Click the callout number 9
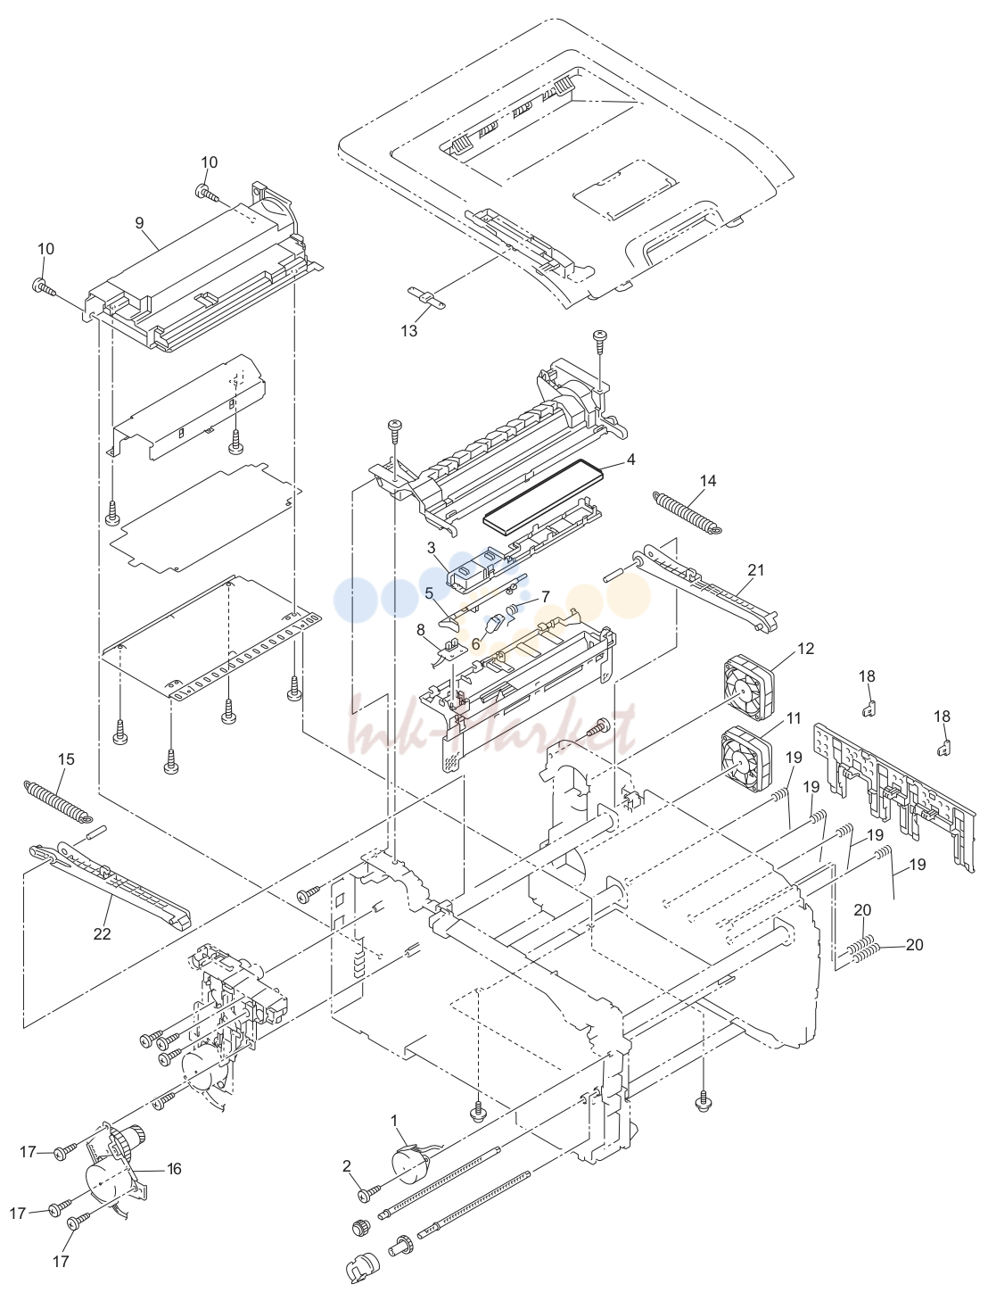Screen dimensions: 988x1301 (139, 223)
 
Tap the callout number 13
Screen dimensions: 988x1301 (408, 331)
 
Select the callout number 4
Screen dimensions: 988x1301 (630, 460)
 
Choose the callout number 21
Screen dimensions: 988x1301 (756, 570)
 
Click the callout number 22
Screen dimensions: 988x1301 (102, 933)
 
